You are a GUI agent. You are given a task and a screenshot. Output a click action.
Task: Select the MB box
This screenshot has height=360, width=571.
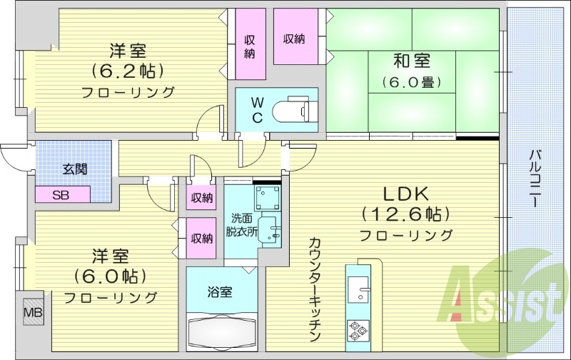[x=33, y=312]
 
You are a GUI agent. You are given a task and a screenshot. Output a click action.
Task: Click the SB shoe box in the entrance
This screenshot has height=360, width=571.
[x=63, y=194]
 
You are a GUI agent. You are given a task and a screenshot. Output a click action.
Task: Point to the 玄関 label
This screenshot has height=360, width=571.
[x=74, y=169]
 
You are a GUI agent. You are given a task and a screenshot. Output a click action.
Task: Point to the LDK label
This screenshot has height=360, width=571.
[x=405, y=194]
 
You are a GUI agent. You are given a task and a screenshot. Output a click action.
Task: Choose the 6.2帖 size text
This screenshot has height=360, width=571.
[x=128, y=71]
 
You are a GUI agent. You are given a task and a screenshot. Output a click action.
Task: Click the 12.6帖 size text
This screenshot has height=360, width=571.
[x=405, y=214]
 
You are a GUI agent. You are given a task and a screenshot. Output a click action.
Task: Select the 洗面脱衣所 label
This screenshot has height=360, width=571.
[x=241, y=224]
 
